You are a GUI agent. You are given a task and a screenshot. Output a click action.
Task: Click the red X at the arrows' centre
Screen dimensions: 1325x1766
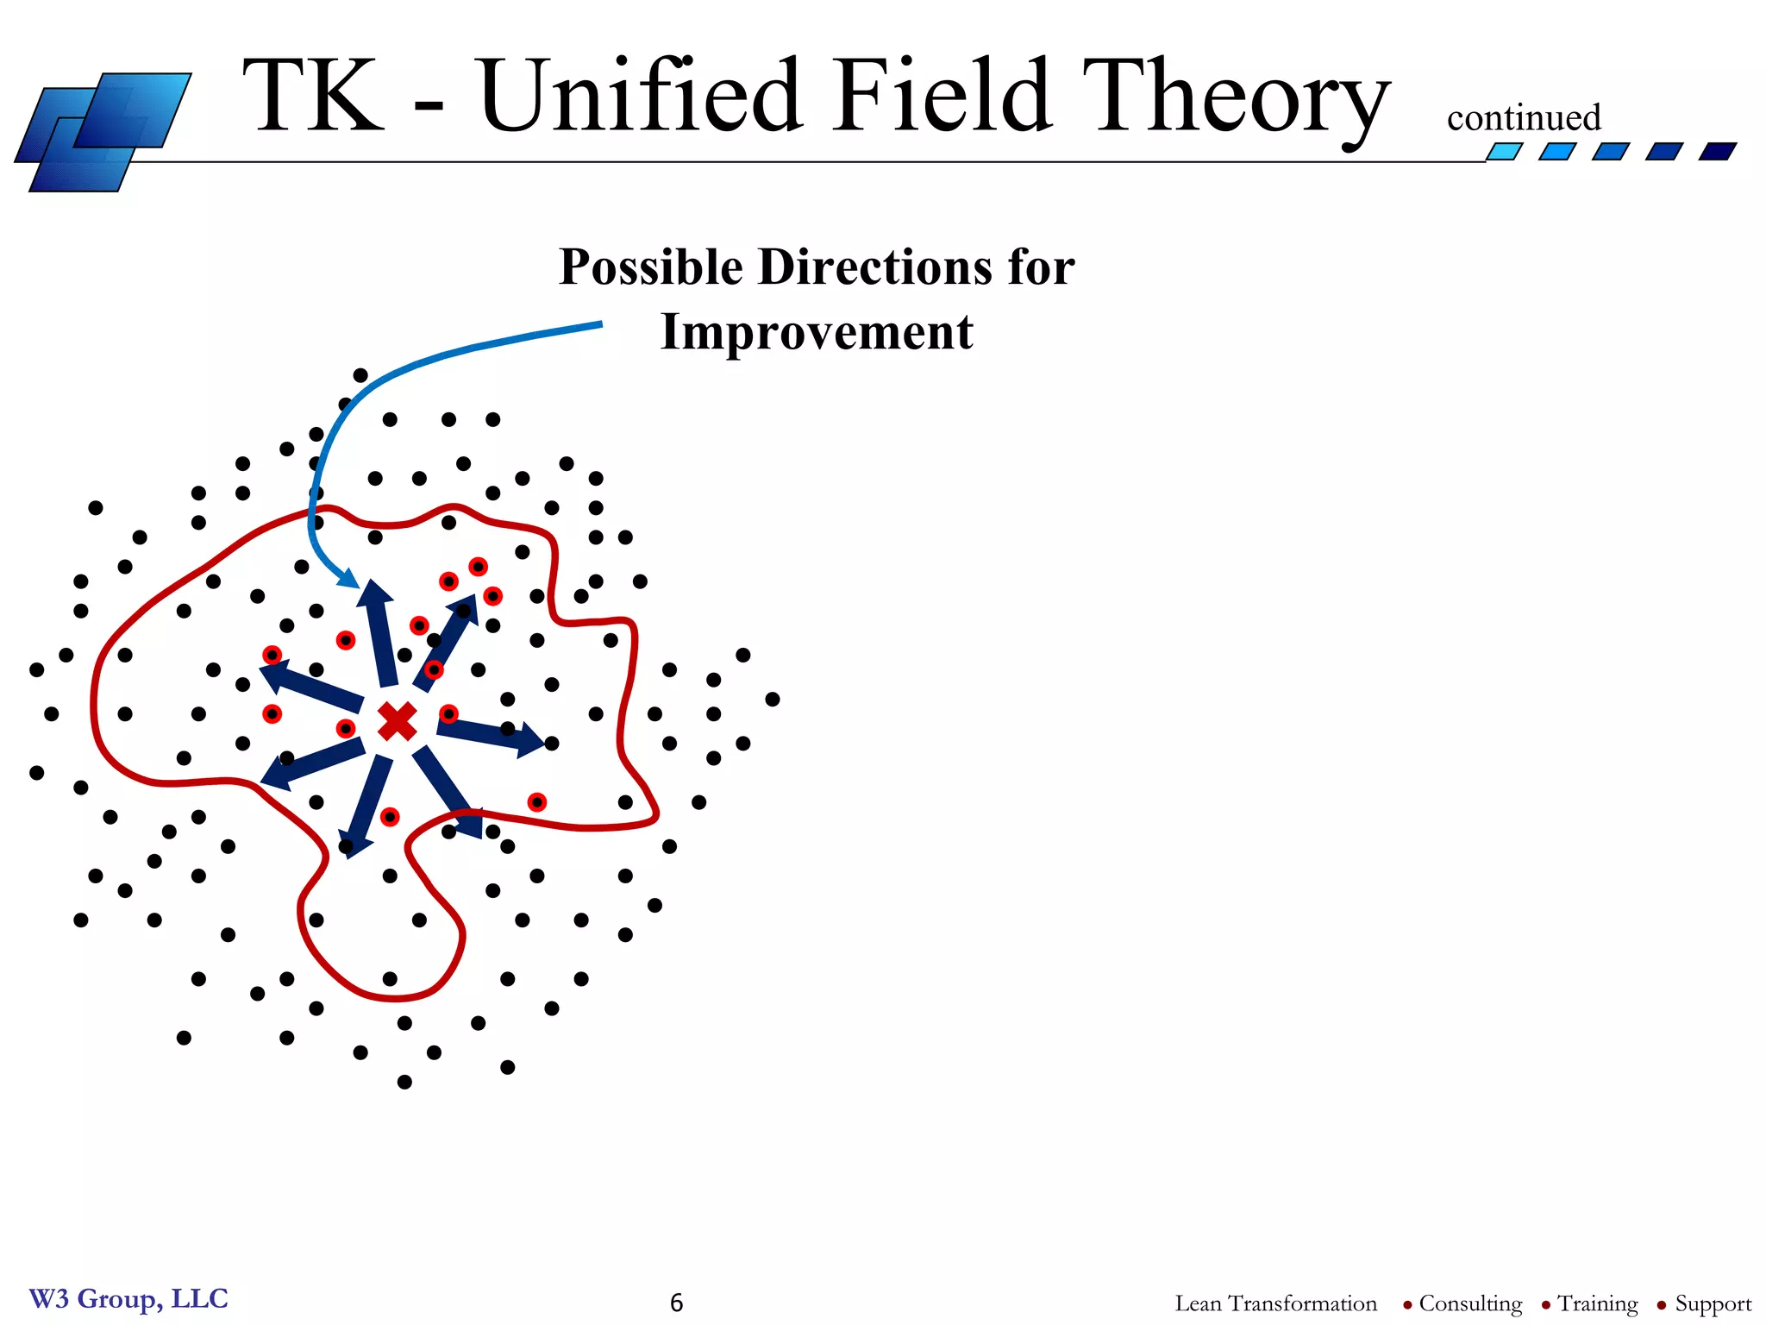398,721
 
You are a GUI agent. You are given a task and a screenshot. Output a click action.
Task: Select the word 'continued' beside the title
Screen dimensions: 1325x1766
1523,118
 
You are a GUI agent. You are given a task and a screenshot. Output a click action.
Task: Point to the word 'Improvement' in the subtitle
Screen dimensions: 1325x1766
817,333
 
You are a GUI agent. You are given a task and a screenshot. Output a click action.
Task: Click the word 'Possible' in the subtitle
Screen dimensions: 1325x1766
651,267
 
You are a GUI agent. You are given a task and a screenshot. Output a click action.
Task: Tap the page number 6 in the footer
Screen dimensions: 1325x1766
676,1303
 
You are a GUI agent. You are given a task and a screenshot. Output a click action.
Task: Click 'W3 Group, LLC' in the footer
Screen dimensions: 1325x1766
128,1298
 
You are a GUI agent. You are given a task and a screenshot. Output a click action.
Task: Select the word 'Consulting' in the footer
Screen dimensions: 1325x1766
1470,1303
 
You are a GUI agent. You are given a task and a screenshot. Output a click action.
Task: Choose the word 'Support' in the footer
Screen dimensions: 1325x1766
1713,1303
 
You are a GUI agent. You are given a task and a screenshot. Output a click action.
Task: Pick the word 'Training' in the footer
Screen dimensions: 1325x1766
1597,1303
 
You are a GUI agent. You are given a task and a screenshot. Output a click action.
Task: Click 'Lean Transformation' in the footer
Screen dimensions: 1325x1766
1275,1303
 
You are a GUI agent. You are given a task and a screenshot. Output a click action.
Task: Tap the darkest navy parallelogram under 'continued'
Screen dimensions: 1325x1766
1717,152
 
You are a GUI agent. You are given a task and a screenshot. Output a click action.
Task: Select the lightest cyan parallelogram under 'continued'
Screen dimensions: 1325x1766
1504,152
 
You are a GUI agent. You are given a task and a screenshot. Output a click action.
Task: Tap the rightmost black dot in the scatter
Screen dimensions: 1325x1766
773,699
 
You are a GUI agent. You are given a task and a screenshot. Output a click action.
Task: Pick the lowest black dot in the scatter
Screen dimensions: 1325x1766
404,1082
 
